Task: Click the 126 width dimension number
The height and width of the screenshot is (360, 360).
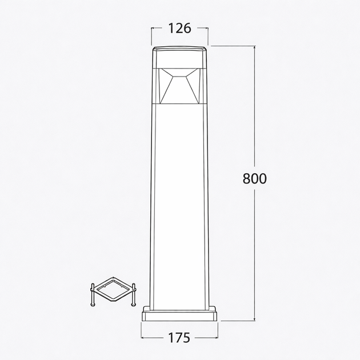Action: [x=179, y=29]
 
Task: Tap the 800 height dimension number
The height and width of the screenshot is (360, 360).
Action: [x=255, y=179]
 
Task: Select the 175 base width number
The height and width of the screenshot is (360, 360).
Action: [x=179, y=338]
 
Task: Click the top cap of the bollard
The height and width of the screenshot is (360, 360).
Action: [x=179, y=57]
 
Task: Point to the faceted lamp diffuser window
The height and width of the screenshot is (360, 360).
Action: [x=179, y=86]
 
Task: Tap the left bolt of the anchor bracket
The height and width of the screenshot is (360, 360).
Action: [x=93, y=295]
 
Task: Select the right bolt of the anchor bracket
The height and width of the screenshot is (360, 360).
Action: [x=133, y=295]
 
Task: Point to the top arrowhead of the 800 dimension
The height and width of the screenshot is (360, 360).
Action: [x=254, y=47]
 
